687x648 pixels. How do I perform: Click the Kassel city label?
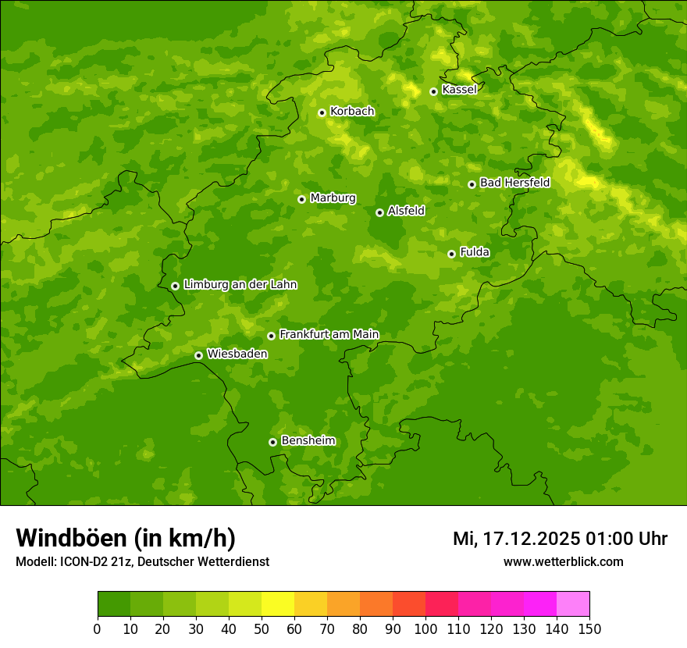click(459, 90)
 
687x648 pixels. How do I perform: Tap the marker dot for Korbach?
click(322, 112)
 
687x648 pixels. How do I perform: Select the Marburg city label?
click(333, 198)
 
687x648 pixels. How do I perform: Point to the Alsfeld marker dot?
click(379, 212)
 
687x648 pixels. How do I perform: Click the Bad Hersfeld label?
click(514, 183)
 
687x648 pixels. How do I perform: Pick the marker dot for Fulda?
click(451, 254)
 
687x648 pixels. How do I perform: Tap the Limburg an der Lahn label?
click(240, 285)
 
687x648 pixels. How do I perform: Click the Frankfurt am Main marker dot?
click(271, 336)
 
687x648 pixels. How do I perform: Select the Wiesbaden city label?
click(237, 354)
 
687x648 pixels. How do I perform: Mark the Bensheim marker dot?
click(272, 442)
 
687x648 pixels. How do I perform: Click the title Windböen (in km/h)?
click(125, 539)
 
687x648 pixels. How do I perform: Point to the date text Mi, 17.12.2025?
click(516, 539)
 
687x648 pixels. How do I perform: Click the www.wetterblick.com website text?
click(563, 561)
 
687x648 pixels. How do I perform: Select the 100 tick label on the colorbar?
click(425, 628)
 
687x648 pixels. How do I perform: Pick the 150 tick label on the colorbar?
click(589, 628)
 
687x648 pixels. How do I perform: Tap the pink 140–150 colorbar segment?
click(573, 604)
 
